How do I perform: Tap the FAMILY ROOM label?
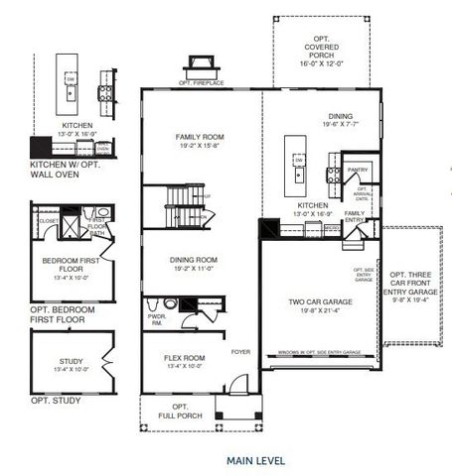tap(200, 137)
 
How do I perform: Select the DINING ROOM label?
tap(194, 260)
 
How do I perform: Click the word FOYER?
tap(240, 351)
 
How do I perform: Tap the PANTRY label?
tap(358, 170)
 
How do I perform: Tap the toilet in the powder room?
tap(169, 303)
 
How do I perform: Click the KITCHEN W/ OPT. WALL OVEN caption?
tap(67, 167)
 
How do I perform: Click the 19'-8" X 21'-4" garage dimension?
tap(319, 309)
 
